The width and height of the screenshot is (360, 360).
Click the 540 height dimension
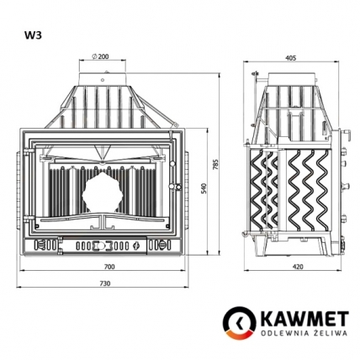tap(204, 189)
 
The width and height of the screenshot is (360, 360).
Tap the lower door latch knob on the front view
tap(174, 186)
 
